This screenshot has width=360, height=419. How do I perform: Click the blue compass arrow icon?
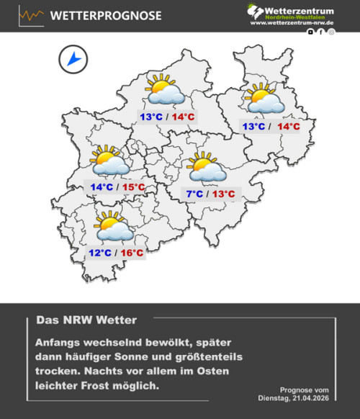[x=73, y=59]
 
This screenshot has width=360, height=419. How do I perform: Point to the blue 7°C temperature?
[x=194, y=194]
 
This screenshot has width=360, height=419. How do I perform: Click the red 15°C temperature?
[x=132, y=188]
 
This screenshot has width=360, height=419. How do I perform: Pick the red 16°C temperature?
[x=131, y=253]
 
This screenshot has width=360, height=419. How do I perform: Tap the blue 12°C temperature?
[x=99, y=253]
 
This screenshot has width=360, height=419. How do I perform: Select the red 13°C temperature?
[x=222, y=194]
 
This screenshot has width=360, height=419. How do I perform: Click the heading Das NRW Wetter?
[x=86, y=319]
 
